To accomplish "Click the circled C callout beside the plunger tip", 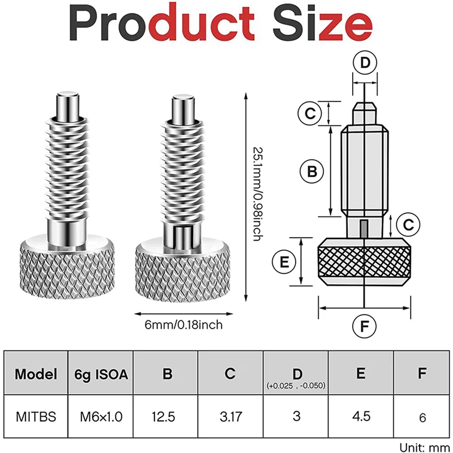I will [311, 113].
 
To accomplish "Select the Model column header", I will [36, 374].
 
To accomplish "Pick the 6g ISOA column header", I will [101, 374].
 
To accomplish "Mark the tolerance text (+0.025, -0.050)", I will [296, 385].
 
